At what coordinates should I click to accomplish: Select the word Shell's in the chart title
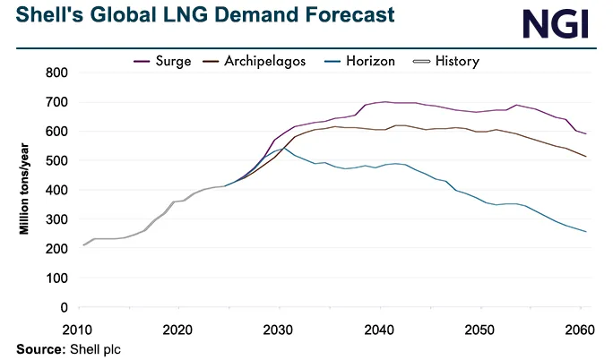tap(39, 16)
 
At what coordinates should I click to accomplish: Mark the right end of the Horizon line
tap(587, 232)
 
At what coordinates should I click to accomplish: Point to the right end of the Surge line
tap(587, 134)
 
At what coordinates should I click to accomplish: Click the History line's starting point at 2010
tap(83, 244)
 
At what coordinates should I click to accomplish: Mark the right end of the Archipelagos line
tap(587, 157)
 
